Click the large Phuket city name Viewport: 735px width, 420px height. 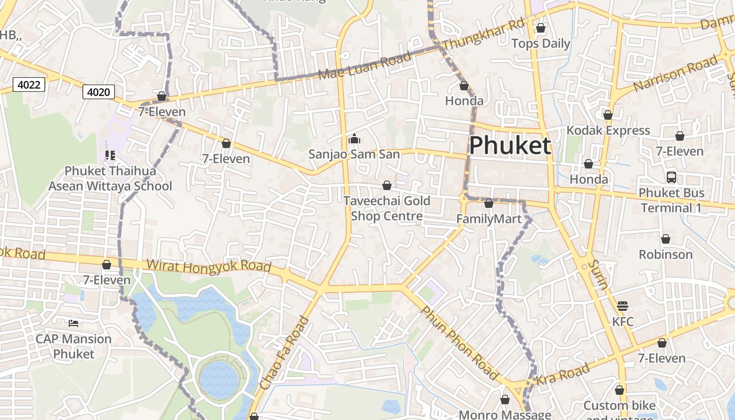[510, 145]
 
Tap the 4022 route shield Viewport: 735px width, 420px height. [28, 85]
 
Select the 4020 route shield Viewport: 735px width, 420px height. [99, 92]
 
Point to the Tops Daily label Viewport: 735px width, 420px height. [541, 44]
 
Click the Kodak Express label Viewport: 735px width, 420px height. [608, 130]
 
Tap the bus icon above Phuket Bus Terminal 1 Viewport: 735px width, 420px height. [671, 177]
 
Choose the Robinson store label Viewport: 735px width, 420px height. [666, 255]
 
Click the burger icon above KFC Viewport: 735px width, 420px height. [623, 306]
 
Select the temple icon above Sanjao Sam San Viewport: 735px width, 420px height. [354, 139]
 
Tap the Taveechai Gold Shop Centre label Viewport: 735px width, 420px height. [387, 208]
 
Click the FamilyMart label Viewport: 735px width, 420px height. [489, 219]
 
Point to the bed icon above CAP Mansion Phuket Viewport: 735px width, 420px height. [73, 323]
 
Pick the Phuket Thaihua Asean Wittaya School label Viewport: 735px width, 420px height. [110, 178]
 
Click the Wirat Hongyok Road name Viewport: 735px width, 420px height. [209, 266]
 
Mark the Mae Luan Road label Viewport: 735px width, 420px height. [365, 67]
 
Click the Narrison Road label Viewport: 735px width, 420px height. [675, 73]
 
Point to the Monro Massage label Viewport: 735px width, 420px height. [505, 415]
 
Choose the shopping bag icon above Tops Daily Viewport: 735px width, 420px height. [541, 28]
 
